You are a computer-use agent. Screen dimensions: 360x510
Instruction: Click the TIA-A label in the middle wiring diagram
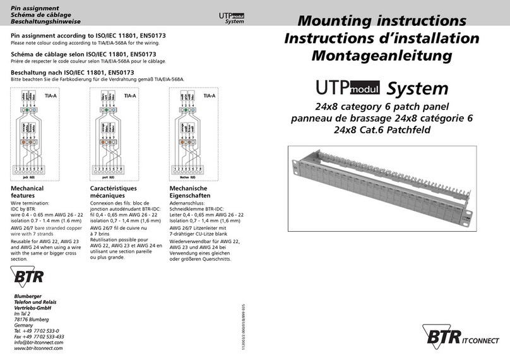[130, 95]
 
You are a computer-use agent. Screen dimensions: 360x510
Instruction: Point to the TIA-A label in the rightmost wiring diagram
[209, 95]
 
